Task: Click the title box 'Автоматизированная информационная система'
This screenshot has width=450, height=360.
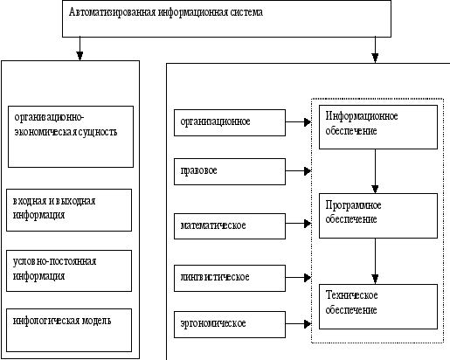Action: [x=226, y=18]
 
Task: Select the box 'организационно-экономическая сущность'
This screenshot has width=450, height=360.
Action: [x=71, y=136]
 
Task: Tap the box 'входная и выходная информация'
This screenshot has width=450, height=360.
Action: [x=69, y=210]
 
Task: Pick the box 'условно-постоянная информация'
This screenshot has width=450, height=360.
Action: [x=69, y=271]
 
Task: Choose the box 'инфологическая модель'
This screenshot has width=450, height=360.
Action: [x=69, y=330]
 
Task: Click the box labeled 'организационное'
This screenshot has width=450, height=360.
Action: [x=230, y=122]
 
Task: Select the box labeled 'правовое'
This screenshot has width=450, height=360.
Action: [x=230, y=171]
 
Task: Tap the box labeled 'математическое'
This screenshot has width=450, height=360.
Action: [x=230, y=226]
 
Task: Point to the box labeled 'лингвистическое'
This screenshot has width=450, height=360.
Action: [x=230, y=278]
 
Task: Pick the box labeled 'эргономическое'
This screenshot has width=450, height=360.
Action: [x=230, y=324]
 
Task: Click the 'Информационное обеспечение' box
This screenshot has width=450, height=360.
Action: [x=378, y=127]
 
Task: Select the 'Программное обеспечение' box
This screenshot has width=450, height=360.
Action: [x=378, y=216]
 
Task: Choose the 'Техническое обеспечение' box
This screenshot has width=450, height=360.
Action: [x=378, y=307]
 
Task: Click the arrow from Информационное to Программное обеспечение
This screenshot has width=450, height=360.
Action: [x=375, y=171]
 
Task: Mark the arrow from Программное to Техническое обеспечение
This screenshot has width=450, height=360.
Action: [x=375, y=261]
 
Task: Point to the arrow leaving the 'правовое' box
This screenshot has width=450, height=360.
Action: [x=298, y=171]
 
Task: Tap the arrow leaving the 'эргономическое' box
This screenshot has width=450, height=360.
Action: [x=298, y=323]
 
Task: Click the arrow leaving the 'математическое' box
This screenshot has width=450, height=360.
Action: [x=298, y=224]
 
